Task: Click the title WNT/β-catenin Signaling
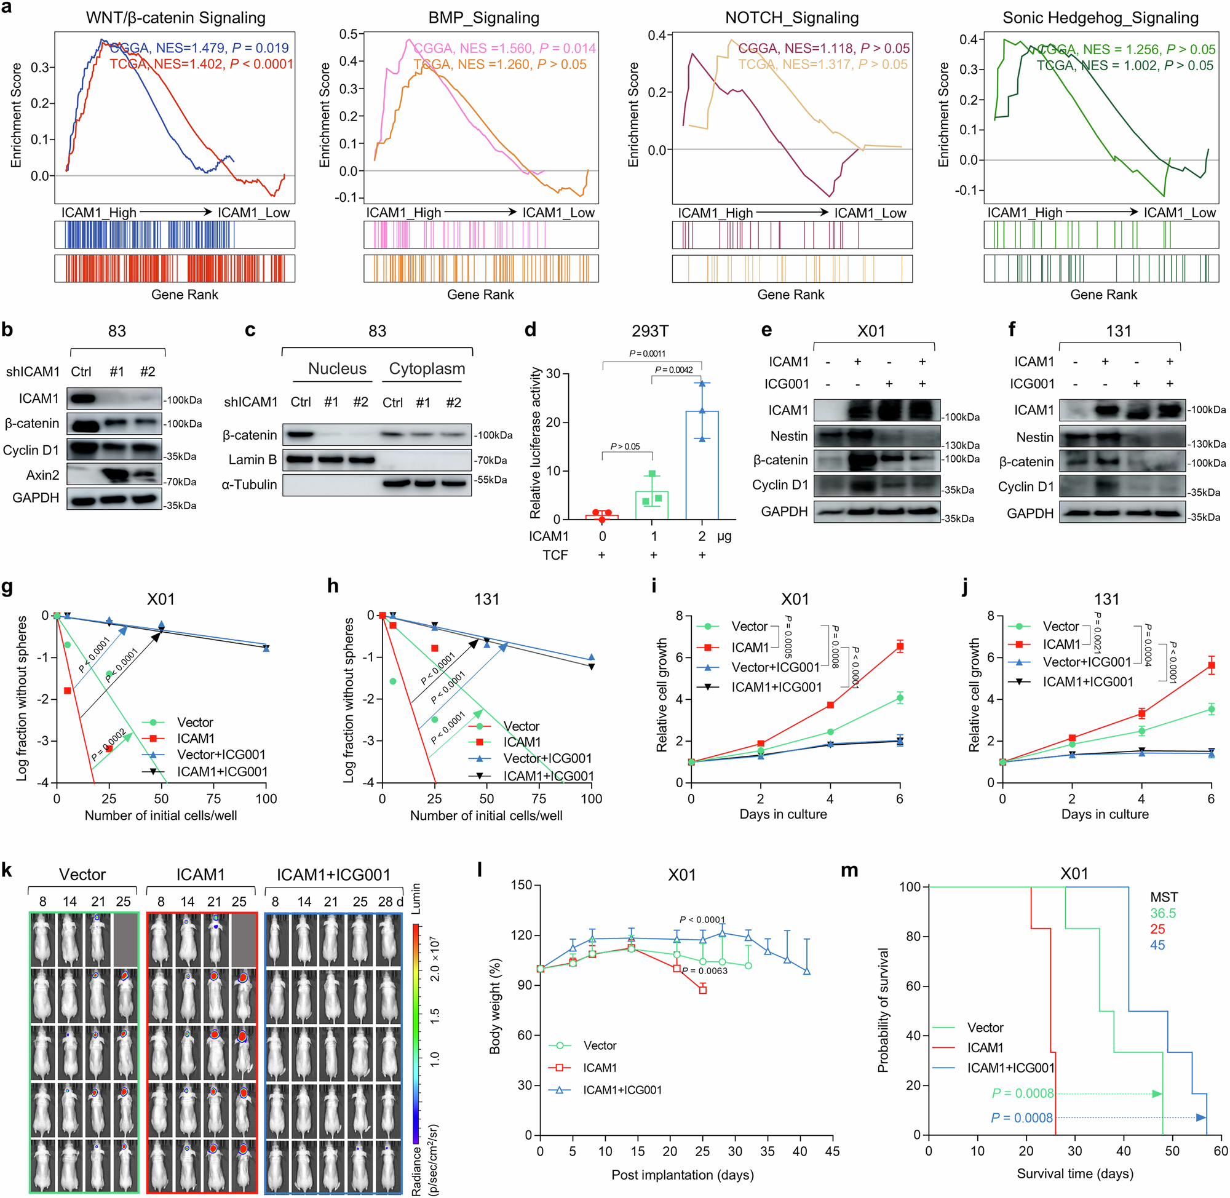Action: coord(175,18)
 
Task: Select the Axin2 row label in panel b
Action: coord(42,474)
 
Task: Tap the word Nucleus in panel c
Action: coord(336,369)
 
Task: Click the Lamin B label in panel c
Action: coord(252,459)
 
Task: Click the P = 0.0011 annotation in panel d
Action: coord(647,353)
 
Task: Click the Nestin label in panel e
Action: coord(788,436)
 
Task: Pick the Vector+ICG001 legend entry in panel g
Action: coord(221,755)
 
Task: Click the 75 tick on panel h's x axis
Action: coord(539,798)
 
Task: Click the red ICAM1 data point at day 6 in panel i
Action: coord(900,646)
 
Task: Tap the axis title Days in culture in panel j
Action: coord(1104,814)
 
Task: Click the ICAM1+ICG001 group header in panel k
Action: coord(333,874)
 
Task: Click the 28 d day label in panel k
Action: coord(389,902)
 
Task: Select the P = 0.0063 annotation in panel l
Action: coord(705,971)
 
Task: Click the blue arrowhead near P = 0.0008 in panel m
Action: coord(1200,1117)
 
